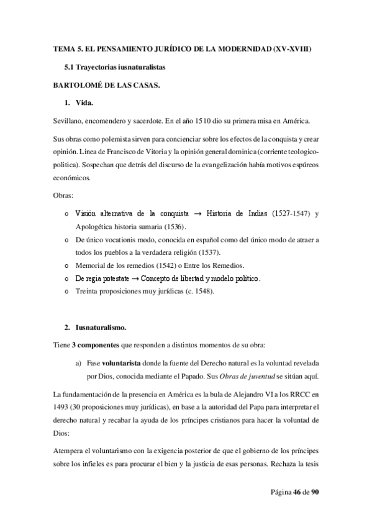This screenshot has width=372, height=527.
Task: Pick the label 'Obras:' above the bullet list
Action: (62, 196)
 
